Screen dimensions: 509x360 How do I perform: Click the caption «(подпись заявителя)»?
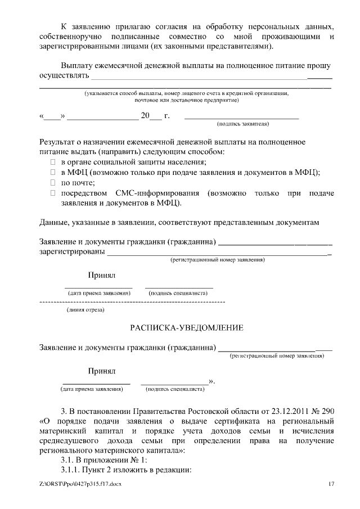click(242, 123)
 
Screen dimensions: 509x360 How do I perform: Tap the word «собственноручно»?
click(74, 36)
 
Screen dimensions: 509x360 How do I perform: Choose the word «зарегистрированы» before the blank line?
click(72, 252)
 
